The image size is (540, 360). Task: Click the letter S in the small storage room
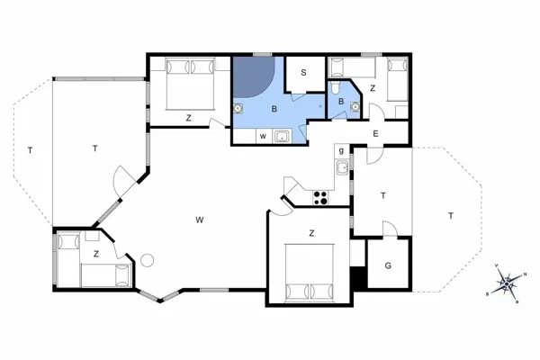[x=304, y=72]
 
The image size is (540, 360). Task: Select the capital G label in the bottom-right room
[x=388, y=266]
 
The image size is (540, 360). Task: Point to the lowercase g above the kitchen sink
[x=341, y=149]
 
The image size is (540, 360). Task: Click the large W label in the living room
[x=200, y=219]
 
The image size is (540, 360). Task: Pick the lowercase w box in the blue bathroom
[x=263, y=137]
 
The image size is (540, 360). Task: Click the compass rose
[x=507, y=283]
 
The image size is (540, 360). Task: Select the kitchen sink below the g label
[x=342, y=167]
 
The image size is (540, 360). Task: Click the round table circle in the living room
[x=148, y=260]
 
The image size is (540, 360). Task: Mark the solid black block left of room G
[x=359, y=278]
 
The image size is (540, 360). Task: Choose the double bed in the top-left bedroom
[x=190, y=84]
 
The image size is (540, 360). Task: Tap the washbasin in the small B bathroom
[x=355, y=105]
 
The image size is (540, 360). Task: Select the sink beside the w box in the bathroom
[x=282, y=137]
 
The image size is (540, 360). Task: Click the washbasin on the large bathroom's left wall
[x=239, y=106]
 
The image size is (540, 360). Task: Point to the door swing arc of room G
[x=389, y=229]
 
